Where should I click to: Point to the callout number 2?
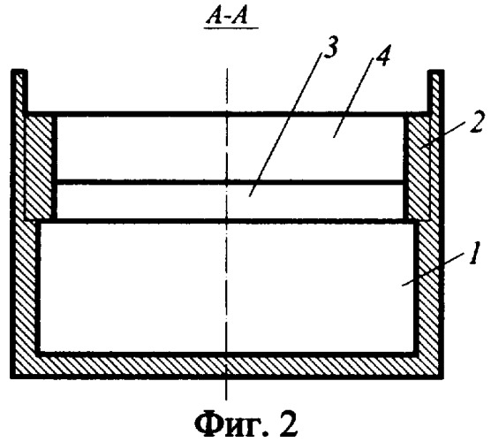(x=476, y=122)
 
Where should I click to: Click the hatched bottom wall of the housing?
(x=227, y=365)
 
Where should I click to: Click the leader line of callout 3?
(x=286, y=125)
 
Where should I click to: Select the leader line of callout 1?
(x=434, y=270)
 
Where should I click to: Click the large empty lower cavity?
(x=227, y=286)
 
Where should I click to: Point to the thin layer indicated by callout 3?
(x=230, y=201)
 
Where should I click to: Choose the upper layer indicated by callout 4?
(x=230, y=148)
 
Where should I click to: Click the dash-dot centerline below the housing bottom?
(x=226, y=389)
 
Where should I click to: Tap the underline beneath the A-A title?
(x=231, y=28)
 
